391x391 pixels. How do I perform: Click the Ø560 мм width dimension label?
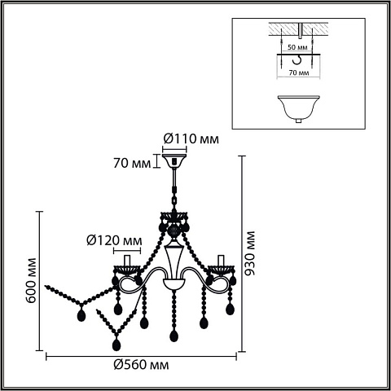pos(141,364)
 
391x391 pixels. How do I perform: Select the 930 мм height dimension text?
pos(249,253)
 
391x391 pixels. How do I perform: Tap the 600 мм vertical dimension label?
pos(32,280)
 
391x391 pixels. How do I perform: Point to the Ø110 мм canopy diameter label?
pos(191,139)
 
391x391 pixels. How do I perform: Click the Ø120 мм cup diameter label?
pos(114,240)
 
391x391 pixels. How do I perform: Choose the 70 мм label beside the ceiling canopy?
pos(132,164)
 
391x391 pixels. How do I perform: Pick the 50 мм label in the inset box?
pos(297,47)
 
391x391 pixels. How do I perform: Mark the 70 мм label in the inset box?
pos(299,72)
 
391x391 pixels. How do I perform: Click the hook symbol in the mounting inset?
pos(297,60)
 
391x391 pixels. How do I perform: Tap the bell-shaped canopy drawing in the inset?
pos(298,109)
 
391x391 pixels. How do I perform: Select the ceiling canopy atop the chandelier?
pos(174,161)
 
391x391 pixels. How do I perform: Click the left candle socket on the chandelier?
pos(127,260)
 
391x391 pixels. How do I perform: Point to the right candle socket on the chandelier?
pos(221,260)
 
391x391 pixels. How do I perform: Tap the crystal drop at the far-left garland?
pos(81,315)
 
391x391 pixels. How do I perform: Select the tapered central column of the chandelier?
pos(174,262)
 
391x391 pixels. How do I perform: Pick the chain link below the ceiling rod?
pos(174,200)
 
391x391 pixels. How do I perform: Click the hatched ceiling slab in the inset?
pos(298,29)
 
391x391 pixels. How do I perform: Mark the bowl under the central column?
pos(174,283)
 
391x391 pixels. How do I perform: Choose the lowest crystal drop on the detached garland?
pos(116,345)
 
